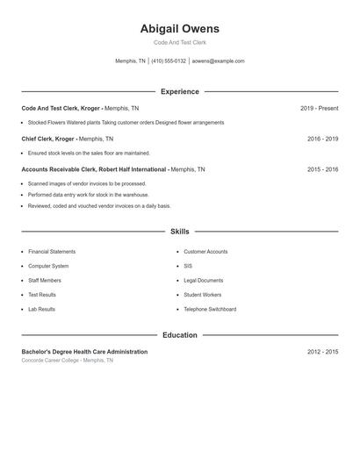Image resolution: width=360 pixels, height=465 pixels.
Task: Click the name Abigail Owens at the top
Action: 179,29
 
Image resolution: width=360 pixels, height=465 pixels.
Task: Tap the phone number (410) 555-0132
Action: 169,61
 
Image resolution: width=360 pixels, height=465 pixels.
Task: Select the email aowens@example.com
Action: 218,61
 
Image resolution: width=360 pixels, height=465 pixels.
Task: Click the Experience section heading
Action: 179,91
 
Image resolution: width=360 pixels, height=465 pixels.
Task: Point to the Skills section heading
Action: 179,232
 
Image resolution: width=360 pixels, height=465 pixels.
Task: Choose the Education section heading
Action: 179,335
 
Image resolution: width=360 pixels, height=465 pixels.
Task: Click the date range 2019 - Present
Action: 319,108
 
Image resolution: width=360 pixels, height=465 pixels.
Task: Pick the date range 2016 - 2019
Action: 322,139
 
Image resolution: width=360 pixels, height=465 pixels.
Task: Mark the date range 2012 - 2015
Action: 322,352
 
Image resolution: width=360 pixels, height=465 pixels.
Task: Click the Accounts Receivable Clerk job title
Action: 95,169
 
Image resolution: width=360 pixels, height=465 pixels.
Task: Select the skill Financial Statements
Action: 52,252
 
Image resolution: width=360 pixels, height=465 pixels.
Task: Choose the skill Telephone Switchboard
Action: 210,309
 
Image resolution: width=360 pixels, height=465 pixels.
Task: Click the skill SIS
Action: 188,266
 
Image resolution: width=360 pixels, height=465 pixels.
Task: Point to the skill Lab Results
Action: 41,309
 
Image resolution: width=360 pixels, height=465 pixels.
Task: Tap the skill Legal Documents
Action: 203,280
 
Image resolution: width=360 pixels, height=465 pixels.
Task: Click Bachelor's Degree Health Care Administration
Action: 84,352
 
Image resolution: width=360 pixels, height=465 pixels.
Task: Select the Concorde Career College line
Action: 68,361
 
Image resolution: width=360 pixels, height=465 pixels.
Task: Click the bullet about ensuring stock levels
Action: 89,153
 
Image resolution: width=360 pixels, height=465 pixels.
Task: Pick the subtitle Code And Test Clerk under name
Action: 179,42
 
